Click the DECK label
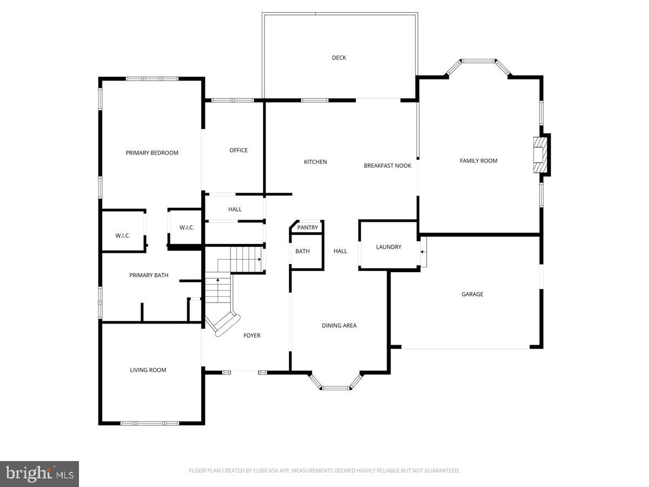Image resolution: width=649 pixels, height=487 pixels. [339, 58]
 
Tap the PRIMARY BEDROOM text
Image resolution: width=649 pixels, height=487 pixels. [152, 153]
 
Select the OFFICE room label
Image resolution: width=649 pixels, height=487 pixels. [239, 150]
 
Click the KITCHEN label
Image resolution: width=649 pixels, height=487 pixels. [315, 162]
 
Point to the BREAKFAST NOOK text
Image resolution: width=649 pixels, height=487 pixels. [387, 166]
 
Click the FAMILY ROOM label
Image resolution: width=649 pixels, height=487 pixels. [479, 161]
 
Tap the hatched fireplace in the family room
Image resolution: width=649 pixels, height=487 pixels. [540, 155]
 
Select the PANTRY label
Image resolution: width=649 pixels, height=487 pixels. [308, 228]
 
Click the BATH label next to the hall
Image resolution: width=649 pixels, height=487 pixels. [302, 251]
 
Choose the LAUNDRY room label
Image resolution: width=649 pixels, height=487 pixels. [389, 247]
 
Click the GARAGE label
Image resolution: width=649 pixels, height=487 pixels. [472, 294]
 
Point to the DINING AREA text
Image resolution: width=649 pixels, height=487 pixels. [339, 326]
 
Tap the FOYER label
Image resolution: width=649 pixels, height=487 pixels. [252, 335]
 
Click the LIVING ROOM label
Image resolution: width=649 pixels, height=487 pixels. [148, 370]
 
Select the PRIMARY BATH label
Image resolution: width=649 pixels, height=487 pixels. [149, 275]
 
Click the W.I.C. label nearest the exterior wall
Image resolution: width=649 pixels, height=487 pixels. [123, 235]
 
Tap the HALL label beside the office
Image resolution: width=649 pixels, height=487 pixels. [235, 209]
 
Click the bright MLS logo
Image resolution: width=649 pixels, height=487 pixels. [39, 474]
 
